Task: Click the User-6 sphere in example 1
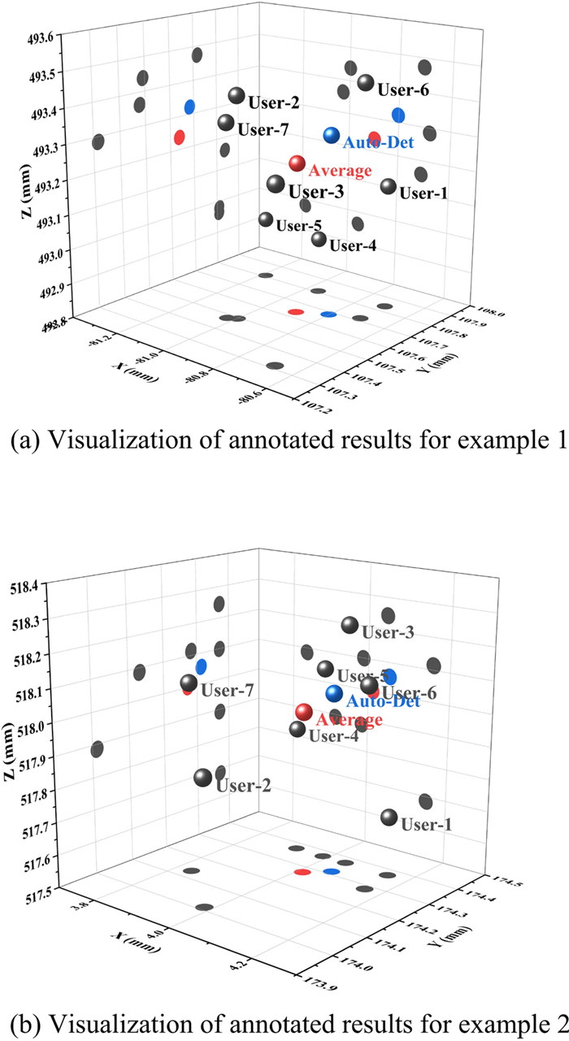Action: (366, 83)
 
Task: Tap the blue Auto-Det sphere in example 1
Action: (331, 135)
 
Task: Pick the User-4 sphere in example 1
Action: (319, 239)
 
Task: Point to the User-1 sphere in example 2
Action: (389, 817)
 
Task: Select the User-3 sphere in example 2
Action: (350, 625)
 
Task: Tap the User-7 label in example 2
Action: (228, 691)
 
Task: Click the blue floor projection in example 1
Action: (328, 314)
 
